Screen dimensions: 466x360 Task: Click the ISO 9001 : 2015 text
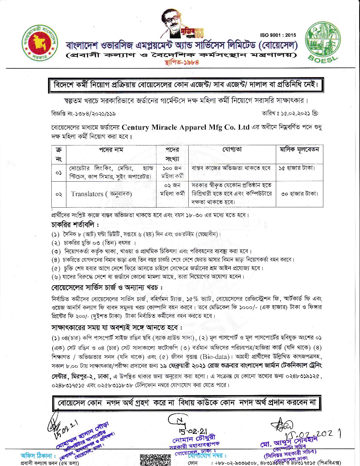[278, 35]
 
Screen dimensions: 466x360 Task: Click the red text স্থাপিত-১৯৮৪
[181, 62]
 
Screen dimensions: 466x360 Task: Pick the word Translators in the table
[87, 194]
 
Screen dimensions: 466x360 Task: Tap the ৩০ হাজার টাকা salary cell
[299, 194]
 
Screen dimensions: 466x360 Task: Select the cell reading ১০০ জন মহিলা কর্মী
[172, 172]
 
